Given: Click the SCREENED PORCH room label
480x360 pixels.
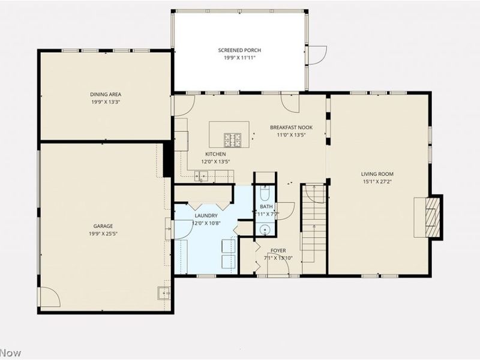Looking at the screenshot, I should click(x=238, y=51).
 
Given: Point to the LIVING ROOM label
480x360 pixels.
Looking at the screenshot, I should click(x=377, y=174).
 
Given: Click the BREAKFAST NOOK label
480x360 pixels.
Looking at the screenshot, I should click(x=291, y=127).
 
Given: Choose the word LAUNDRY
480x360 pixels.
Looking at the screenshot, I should click(x=205, y=215).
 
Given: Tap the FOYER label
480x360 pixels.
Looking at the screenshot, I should click(x=278, y=250).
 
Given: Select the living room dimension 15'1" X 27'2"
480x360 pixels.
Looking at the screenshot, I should click(x=377, y=182).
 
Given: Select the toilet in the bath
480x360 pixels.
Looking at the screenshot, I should click(x=265, y=194).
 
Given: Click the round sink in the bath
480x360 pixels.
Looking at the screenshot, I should click(x=265, y=229).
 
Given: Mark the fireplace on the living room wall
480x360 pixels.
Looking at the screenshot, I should click(x=432, y=218).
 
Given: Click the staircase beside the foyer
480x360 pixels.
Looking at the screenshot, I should click(x=313, y=228).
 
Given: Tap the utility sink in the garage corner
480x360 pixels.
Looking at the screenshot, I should click(x=163, y=293).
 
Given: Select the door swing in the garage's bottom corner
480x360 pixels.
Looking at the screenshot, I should click(x=49, y=298).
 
